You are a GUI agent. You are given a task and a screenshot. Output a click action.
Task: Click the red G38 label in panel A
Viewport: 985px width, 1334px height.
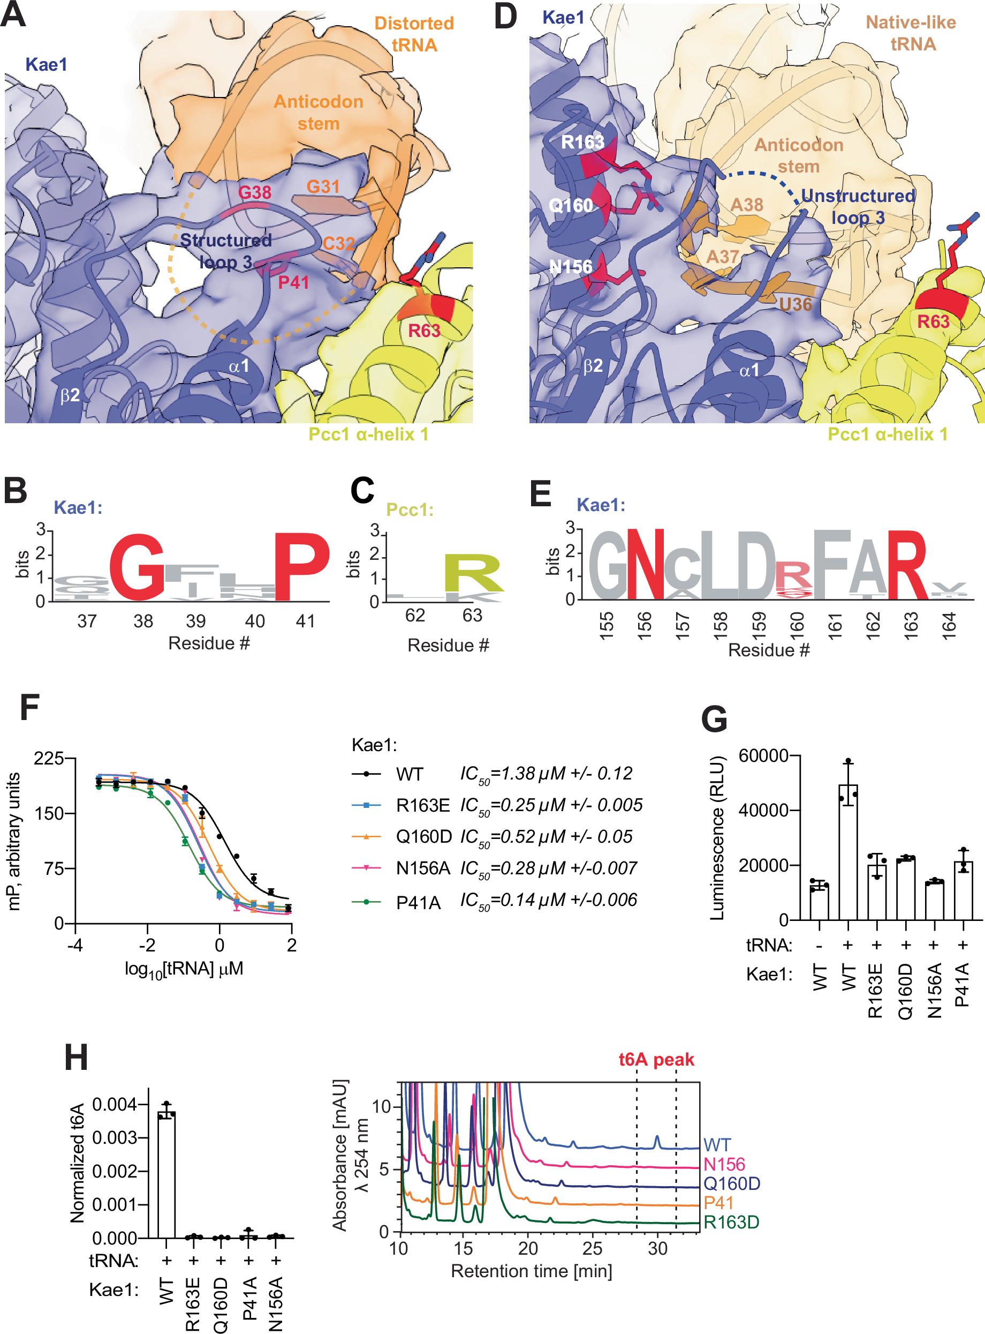[255, 192]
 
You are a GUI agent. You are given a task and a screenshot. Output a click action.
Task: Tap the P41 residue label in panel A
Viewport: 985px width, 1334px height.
[293, 282]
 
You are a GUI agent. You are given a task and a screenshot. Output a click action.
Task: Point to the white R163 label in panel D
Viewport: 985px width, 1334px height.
[582, 142]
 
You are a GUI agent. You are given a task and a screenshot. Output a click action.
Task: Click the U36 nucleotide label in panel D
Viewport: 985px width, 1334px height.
[795, 305]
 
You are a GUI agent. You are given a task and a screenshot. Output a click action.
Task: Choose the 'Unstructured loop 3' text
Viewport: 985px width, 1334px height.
[858, 206]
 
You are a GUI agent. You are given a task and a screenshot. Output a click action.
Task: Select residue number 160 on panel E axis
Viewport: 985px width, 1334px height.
[797, 625]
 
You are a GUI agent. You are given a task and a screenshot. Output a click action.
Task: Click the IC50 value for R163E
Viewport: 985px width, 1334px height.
[551, 805]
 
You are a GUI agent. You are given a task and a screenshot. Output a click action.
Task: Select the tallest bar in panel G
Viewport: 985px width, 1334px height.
[848, 852]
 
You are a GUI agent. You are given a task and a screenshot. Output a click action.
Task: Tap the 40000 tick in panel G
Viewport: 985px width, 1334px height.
[763, 810]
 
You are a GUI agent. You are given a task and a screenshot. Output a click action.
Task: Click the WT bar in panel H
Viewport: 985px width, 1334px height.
[166, 1175]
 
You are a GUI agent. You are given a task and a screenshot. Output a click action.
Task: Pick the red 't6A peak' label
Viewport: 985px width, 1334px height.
[656, 1060]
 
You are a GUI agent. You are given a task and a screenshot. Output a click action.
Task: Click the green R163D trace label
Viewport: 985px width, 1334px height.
[731, 1222]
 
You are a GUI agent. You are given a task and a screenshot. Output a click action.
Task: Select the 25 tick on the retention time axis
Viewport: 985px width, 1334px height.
[593, 1248]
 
